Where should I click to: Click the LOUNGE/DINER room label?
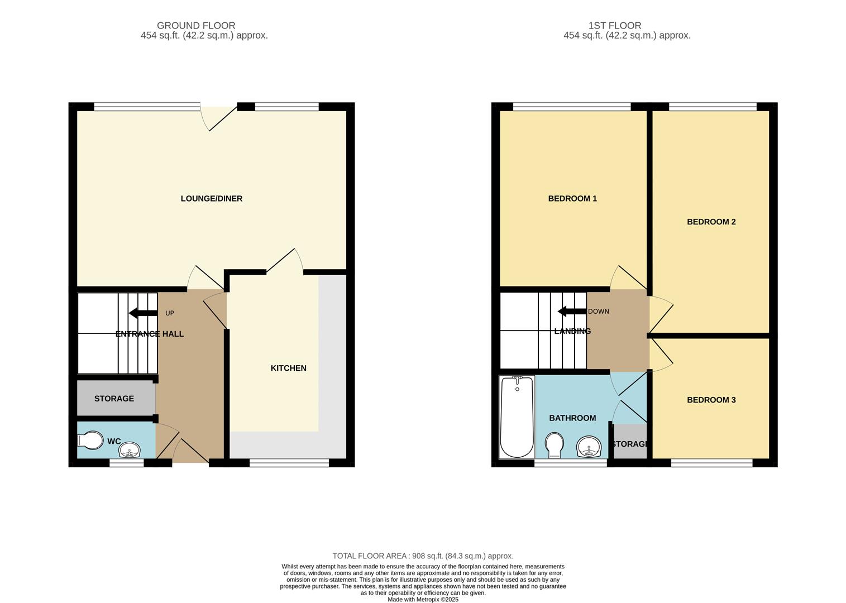tap(211, 199)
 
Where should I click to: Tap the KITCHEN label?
tap(288, 368)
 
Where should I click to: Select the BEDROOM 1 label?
tap(572, 199)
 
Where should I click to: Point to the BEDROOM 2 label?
tap(711, 222)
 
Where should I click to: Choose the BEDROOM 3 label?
tap(711, 400)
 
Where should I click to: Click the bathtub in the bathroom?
tap(517, 417)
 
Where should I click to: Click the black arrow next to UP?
tap(143, 313)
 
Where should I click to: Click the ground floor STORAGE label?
tap(114, 399)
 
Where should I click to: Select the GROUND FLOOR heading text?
tap(196, 26)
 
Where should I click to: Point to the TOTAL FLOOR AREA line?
tap(423, 556)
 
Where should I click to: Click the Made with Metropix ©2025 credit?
tap(423, 600)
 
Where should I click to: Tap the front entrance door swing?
tap(190, 451)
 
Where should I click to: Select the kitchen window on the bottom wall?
tap(289, 462)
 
